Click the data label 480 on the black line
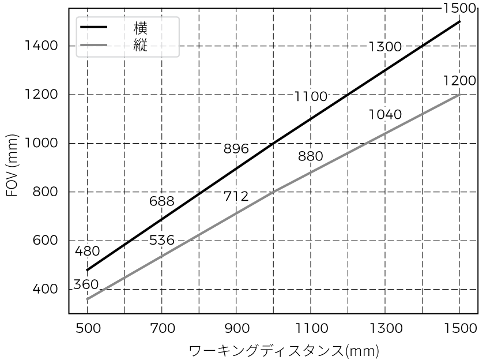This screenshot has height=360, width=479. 88,251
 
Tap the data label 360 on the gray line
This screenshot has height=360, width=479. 86,284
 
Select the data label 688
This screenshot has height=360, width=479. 161,201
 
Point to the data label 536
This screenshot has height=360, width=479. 161,240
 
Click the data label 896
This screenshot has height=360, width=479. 236,149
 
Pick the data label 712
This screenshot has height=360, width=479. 236,196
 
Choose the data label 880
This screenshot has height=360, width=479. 310,156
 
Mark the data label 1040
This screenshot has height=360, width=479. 385,114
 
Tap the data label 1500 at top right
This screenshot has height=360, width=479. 459,8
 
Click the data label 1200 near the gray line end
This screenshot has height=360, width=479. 459,81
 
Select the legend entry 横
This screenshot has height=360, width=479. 140,28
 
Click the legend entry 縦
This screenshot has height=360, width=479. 140,45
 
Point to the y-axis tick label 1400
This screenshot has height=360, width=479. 41,46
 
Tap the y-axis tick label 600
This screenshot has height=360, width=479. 45,241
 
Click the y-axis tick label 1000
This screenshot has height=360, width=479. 41,143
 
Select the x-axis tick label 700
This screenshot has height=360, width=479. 162,328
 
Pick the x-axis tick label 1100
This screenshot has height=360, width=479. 312,328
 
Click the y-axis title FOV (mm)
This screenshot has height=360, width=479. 13,165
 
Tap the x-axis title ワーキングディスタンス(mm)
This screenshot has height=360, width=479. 284,351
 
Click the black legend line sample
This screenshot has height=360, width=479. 94,27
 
